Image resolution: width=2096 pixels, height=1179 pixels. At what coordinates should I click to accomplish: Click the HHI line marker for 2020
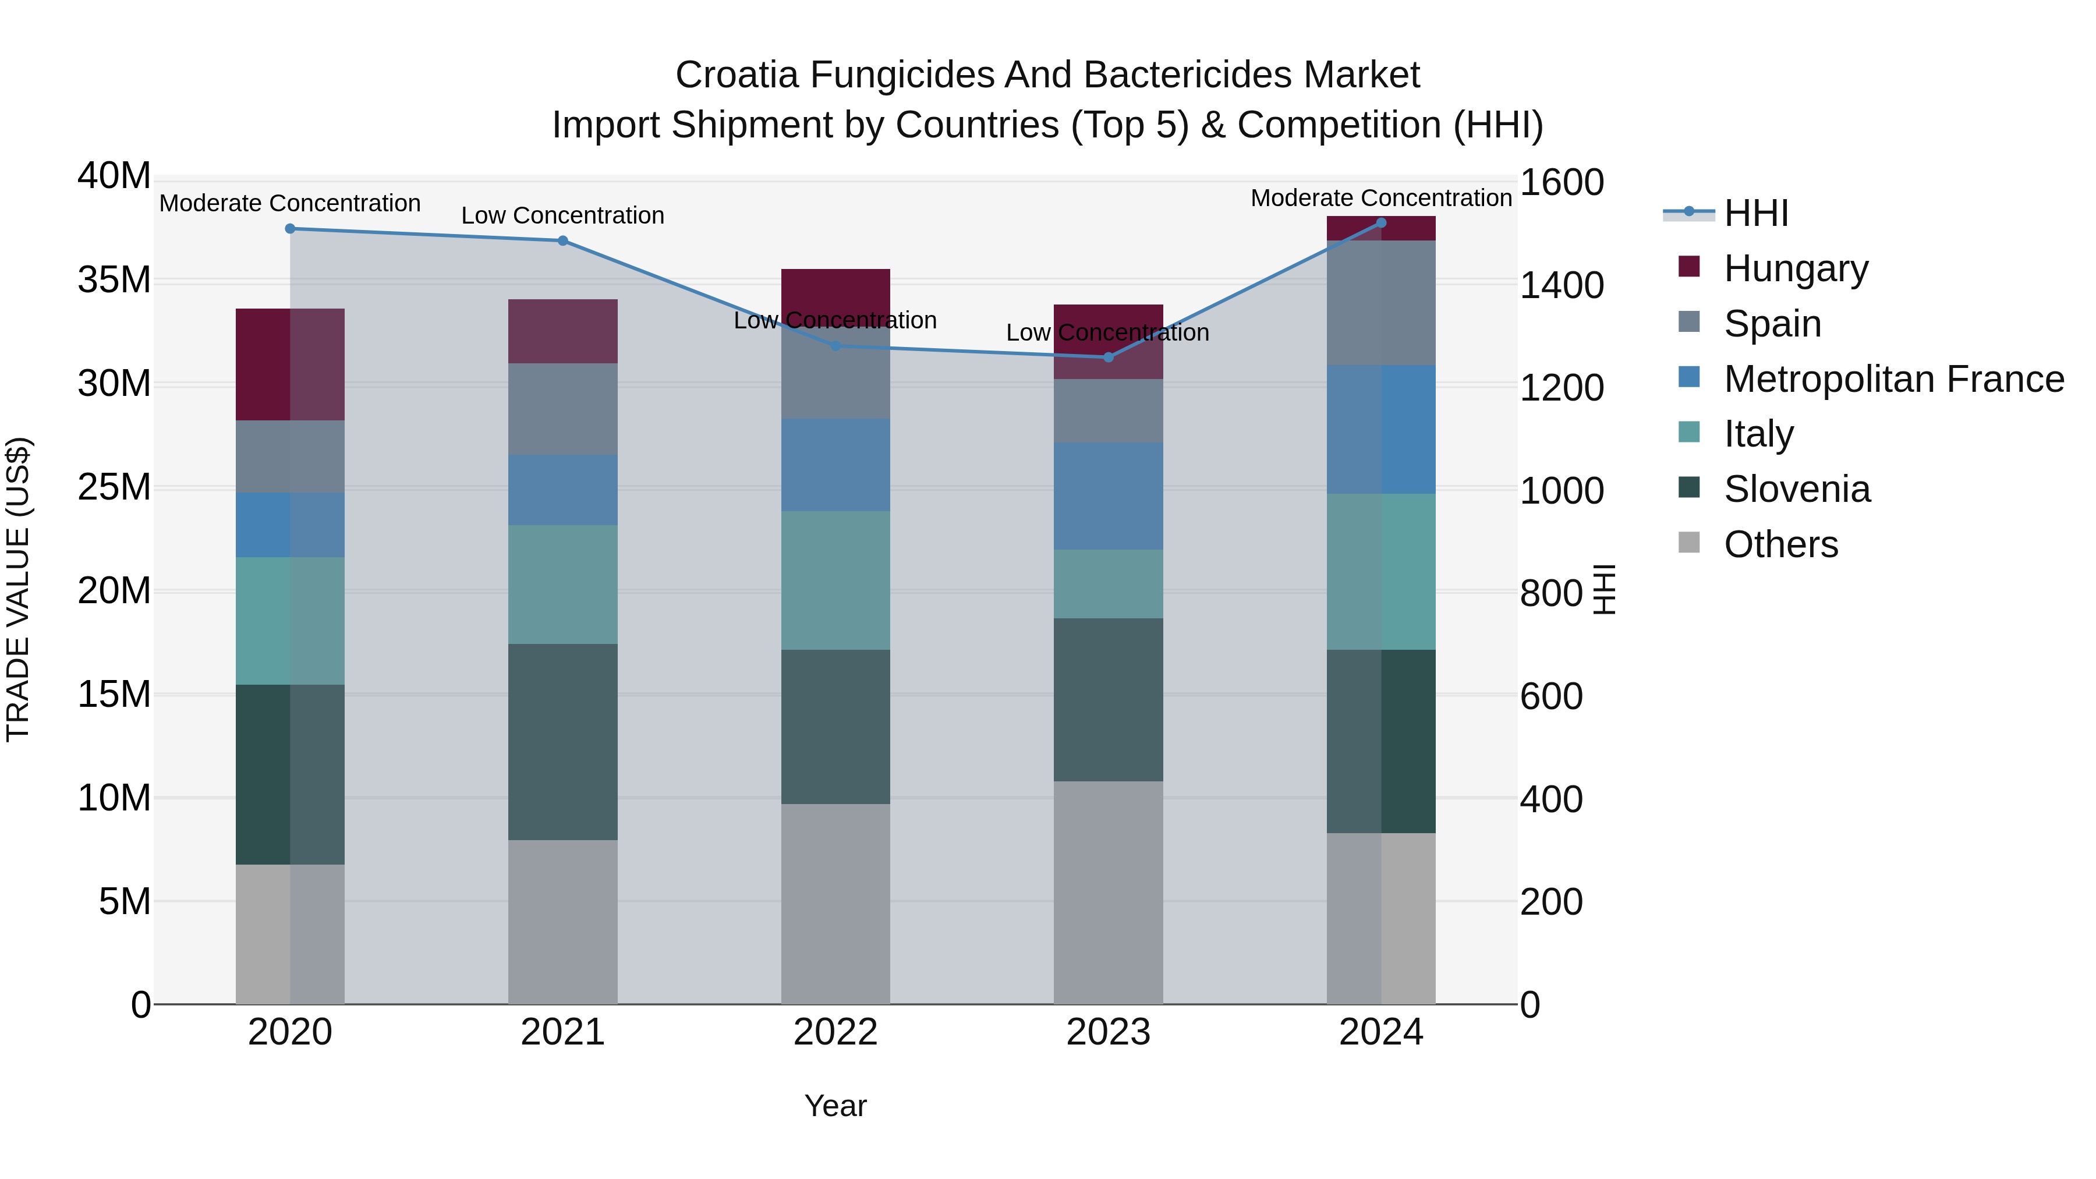click(290, 229)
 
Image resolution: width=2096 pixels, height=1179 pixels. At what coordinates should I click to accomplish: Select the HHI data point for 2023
click(1108, 357)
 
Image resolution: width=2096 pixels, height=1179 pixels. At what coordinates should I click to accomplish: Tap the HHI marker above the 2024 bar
click(1381, 222)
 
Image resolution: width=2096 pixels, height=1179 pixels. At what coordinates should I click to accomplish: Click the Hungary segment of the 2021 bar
click(562, 331)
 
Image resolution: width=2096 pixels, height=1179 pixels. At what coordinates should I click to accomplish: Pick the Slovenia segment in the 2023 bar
click(1108, 700)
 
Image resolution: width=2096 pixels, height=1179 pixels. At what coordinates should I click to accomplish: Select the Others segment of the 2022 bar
click(835, 903)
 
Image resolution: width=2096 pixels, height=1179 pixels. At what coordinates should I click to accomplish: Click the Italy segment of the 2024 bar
click(1381, 571)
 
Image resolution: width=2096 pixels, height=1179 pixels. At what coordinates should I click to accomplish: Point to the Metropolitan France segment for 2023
click(1108, 495)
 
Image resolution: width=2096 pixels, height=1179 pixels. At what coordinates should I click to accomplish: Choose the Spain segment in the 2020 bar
click(290, 456)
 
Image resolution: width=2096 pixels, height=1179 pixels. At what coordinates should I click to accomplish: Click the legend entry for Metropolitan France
click(1893, 379)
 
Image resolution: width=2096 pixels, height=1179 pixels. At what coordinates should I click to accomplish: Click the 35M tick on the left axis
click(114, 280)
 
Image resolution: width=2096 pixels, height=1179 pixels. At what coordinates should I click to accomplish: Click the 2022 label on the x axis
click(835, 1032)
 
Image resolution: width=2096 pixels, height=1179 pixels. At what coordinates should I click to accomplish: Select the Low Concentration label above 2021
click(562, 215)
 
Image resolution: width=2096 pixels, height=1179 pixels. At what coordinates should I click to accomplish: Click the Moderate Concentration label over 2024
click(1381, 198)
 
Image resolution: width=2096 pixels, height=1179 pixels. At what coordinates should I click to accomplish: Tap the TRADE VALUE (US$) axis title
click(18, 589)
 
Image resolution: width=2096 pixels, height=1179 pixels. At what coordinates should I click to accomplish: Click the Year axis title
click(835, 1106)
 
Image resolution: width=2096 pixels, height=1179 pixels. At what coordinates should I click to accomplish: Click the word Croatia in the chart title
click(737, 75)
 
